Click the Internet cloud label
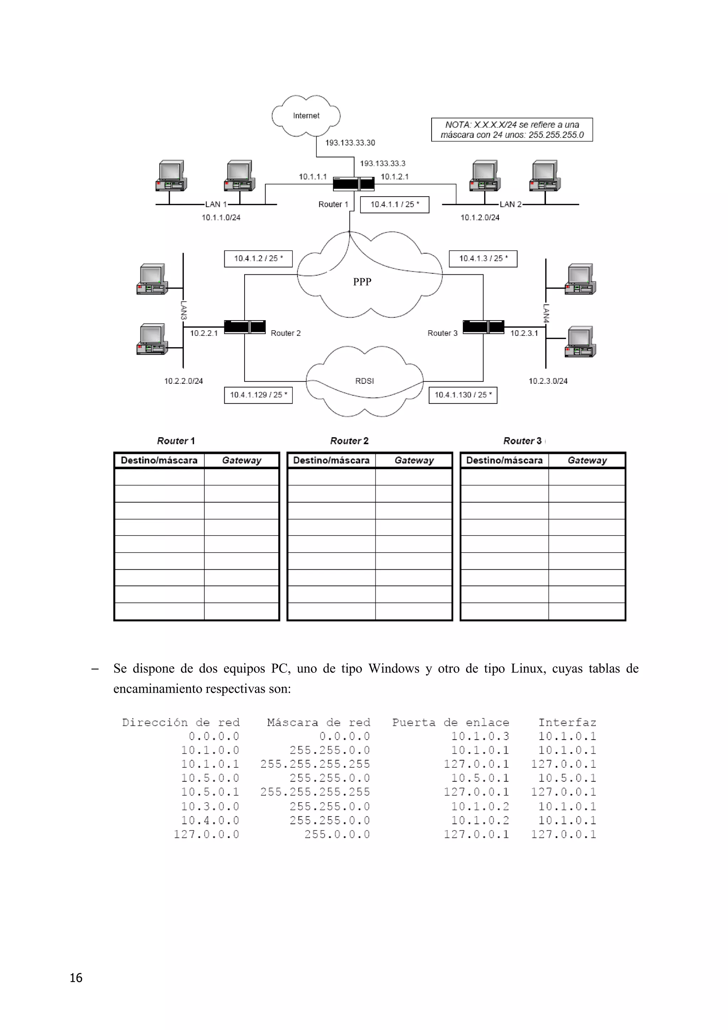306,116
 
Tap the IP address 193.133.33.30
350,143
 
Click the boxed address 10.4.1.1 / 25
395,205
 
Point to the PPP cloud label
362,282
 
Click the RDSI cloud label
364,381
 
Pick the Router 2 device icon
245,327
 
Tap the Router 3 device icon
483,327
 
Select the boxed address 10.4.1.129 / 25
258,395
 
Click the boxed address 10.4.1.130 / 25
463,395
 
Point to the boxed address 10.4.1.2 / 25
258,258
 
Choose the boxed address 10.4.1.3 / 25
483,258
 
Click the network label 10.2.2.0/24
183,381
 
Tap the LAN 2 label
511,205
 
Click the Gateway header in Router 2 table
414,460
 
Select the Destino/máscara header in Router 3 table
504,460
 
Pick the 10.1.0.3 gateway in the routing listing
480,736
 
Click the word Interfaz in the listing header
567,722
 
